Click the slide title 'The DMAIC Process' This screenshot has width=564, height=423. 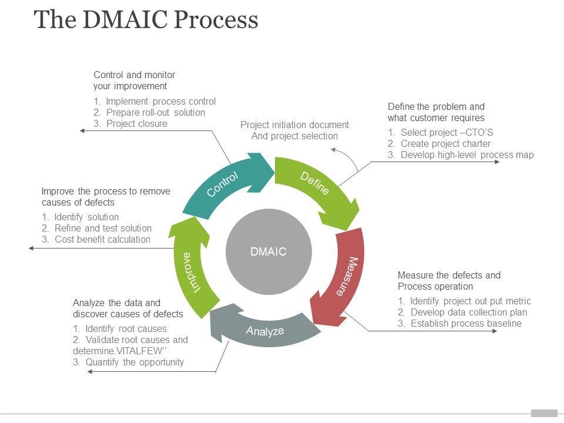pyautogui.click(x=146, y=20)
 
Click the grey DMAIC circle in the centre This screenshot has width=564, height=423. pyautogui.click(x=268, y=252)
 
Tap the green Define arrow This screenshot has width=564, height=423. pyautogui.click(x=317, y=185)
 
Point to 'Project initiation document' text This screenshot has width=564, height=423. pyautogui.click(x=294, y=125)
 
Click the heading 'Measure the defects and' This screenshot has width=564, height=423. pyautogui.click(x=449, y=275)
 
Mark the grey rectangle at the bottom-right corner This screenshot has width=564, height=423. pyautogui.click(x=543, y=413)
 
